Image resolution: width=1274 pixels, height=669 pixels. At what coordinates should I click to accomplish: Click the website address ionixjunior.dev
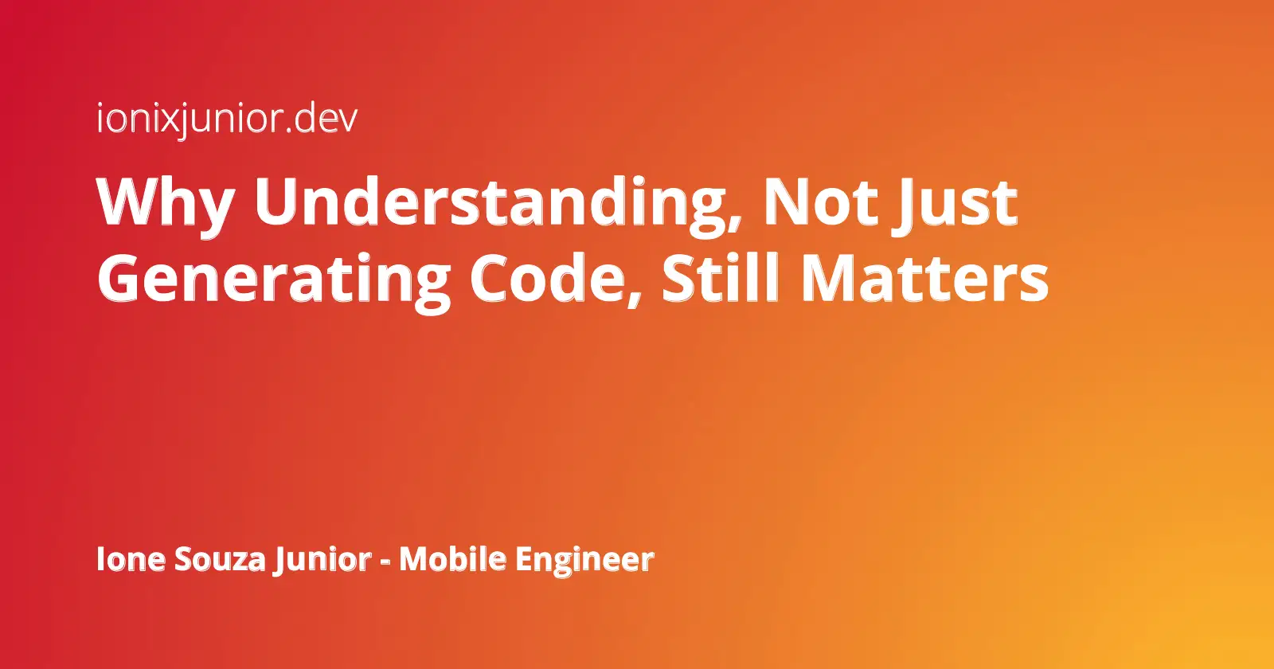point(227,119)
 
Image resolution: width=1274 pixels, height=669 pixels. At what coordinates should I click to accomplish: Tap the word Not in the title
point(820,201)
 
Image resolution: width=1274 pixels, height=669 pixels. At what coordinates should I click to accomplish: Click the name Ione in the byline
point(131,558)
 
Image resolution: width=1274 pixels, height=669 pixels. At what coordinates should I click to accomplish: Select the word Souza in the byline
point(220,558)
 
